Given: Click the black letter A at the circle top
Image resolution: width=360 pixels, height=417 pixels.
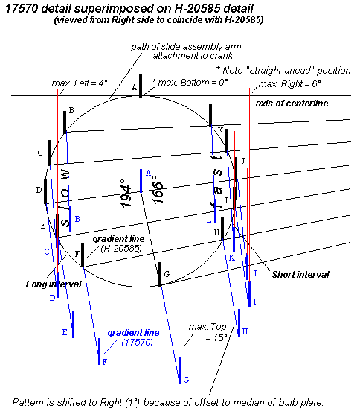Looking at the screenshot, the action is click(134, 88).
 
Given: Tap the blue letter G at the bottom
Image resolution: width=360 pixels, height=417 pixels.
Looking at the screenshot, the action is click(186, 380).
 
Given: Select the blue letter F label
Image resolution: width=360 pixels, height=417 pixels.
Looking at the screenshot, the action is click(105, 362).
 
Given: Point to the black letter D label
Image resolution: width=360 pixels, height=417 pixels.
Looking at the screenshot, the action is click(39, 190).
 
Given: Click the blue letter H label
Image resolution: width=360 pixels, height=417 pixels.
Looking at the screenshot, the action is click(245, 331).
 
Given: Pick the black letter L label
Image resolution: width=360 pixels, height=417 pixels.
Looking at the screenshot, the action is click(203, 107).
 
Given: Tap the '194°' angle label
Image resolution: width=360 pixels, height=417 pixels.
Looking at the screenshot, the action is click(126, 194).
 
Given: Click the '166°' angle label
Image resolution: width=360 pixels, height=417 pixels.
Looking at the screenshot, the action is click(158, 190).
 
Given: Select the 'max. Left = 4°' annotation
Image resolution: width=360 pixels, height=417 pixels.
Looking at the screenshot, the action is click(80, 83).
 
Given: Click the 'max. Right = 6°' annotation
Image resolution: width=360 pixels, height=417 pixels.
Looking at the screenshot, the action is click(289, 84).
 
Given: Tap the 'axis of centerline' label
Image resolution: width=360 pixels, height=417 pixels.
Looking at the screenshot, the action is click(292, 104).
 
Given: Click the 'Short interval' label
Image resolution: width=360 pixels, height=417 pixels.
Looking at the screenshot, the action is click(300, 275).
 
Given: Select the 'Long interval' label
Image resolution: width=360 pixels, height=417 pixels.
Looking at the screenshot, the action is click(54, 284).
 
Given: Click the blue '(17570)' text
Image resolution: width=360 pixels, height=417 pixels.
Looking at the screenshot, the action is click(137, 343).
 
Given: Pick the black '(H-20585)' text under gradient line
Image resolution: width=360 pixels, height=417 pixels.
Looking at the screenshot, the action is click(121, 249).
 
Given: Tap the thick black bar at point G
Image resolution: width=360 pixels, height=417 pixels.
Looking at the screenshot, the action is click(160, 274).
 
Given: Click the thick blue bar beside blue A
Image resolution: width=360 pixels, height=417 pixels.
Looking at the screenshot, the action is click(141, 180).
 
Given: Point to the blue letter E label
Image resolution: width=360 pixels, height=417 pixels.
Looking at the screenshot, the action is click(65, 332).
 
